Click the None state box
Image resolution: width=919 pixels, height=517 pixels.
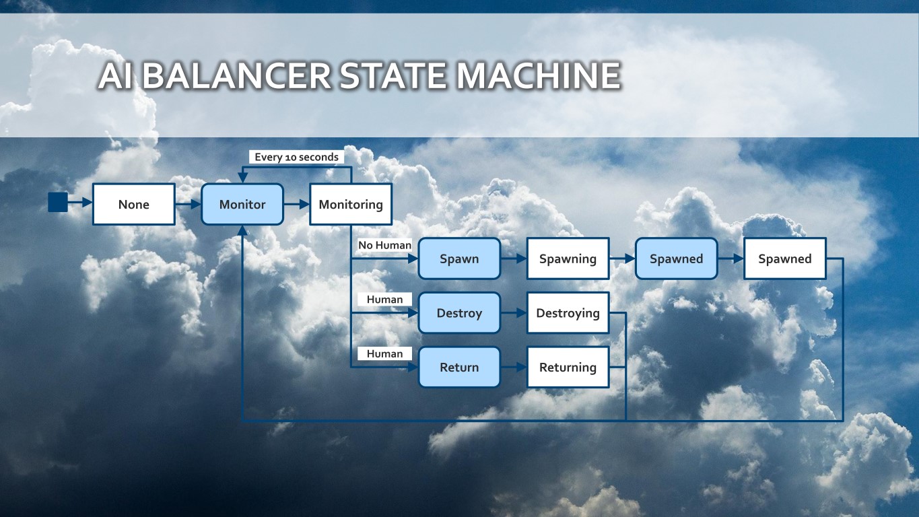coord(133,204)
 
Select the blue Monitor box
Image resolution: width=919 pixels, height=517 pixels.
coord(242,204)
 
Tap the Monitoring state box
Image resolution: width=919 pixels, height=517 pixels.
coord(351,204)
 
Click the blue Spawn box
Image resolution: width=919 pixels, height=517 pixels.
coord(459,258)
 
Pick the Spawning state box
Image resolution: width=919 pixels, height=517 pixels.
coord(568,258)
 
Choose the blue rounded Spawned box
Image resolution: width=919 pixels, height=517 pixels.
coord(676,258)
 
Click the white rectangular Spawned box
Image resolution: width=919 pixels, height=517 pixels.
coord(784,258)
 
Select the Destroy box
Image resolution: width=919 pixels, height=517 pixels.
coord(459,313)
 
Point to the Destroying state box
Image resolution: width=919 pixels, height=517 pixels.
coord(568,313)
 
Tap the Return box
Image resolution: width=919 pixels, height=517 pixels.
coord(459,368)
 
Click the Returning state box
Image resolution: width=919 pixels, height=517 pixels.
coord(568,368)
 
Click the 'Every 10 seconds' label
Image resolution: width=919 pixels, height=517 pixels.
coord(296,157)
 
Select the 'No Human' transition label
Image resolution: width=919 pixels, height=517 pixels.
coord(384,245)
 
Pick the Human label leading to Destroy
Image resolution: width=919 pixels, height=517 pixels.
coord(384,300)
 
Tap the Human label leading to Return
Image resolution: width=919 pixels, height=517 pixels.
coord(384,354)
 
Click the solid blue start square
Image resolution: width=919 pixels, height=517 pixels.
coord(58,202)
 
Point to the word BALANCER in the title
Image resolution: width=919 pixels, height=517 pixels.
coord(236,75)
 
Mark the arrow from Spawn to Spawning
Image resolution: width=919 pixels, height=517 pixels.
coord(513,258)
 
